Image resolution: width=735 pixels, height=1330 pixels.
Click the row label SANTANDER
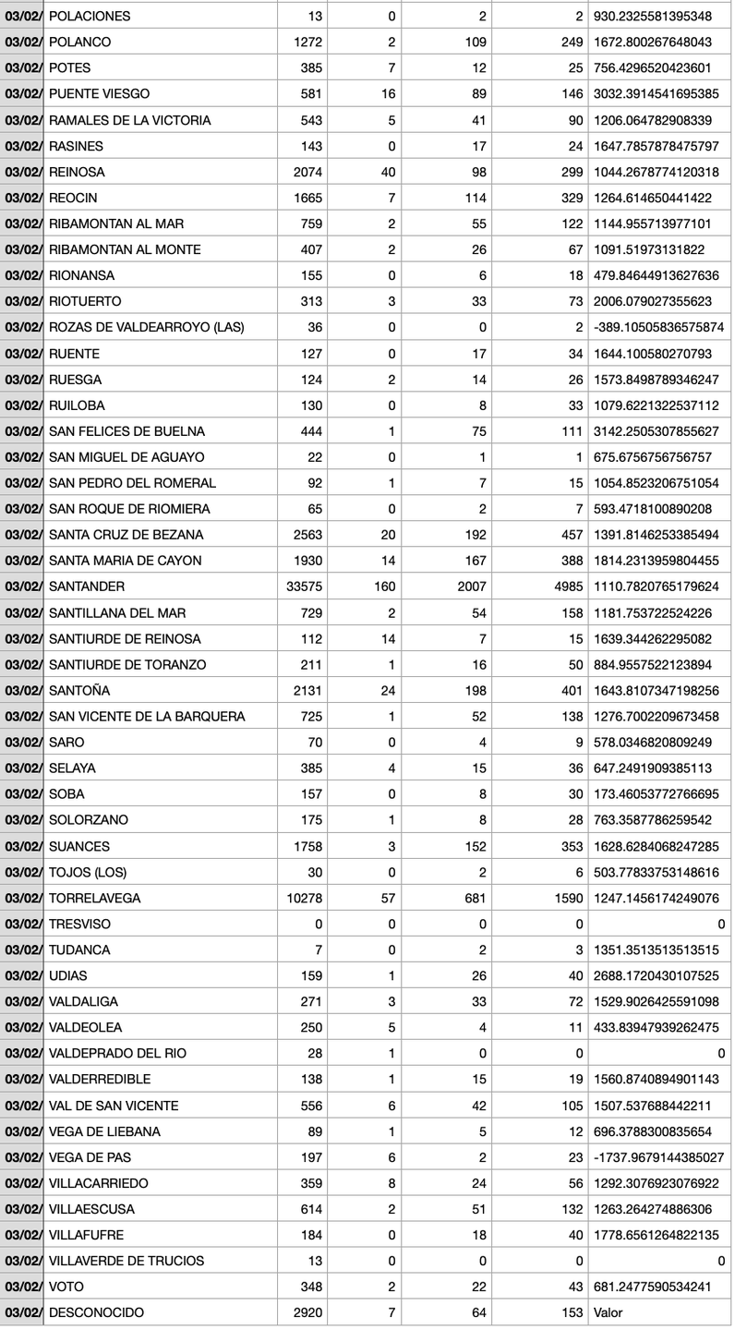pyautogui.click(x=87, y=586)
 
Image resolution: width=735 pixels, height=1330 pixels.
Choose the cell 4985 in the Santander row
pyautogui.click(x=564, y=586)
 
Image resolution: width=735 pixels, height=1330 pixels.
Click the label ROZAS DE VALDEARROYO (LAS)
pyautogui.click(x=146, y=327)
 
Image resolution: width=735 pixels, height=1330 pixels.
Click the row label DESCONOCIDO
pyautogui.click(x=96, y=1312)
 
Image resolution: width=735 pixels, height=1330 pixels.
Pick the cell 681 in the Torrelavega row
pyautogui.click(x=473, y=898)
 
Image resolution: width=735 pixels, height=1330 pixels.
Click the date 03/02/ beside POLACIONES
pyautogui.click(x=22, y=17)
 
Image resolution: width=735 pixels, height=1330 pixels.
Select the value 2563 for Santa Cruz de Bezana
pyautogui.click(x=303, y=535)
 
